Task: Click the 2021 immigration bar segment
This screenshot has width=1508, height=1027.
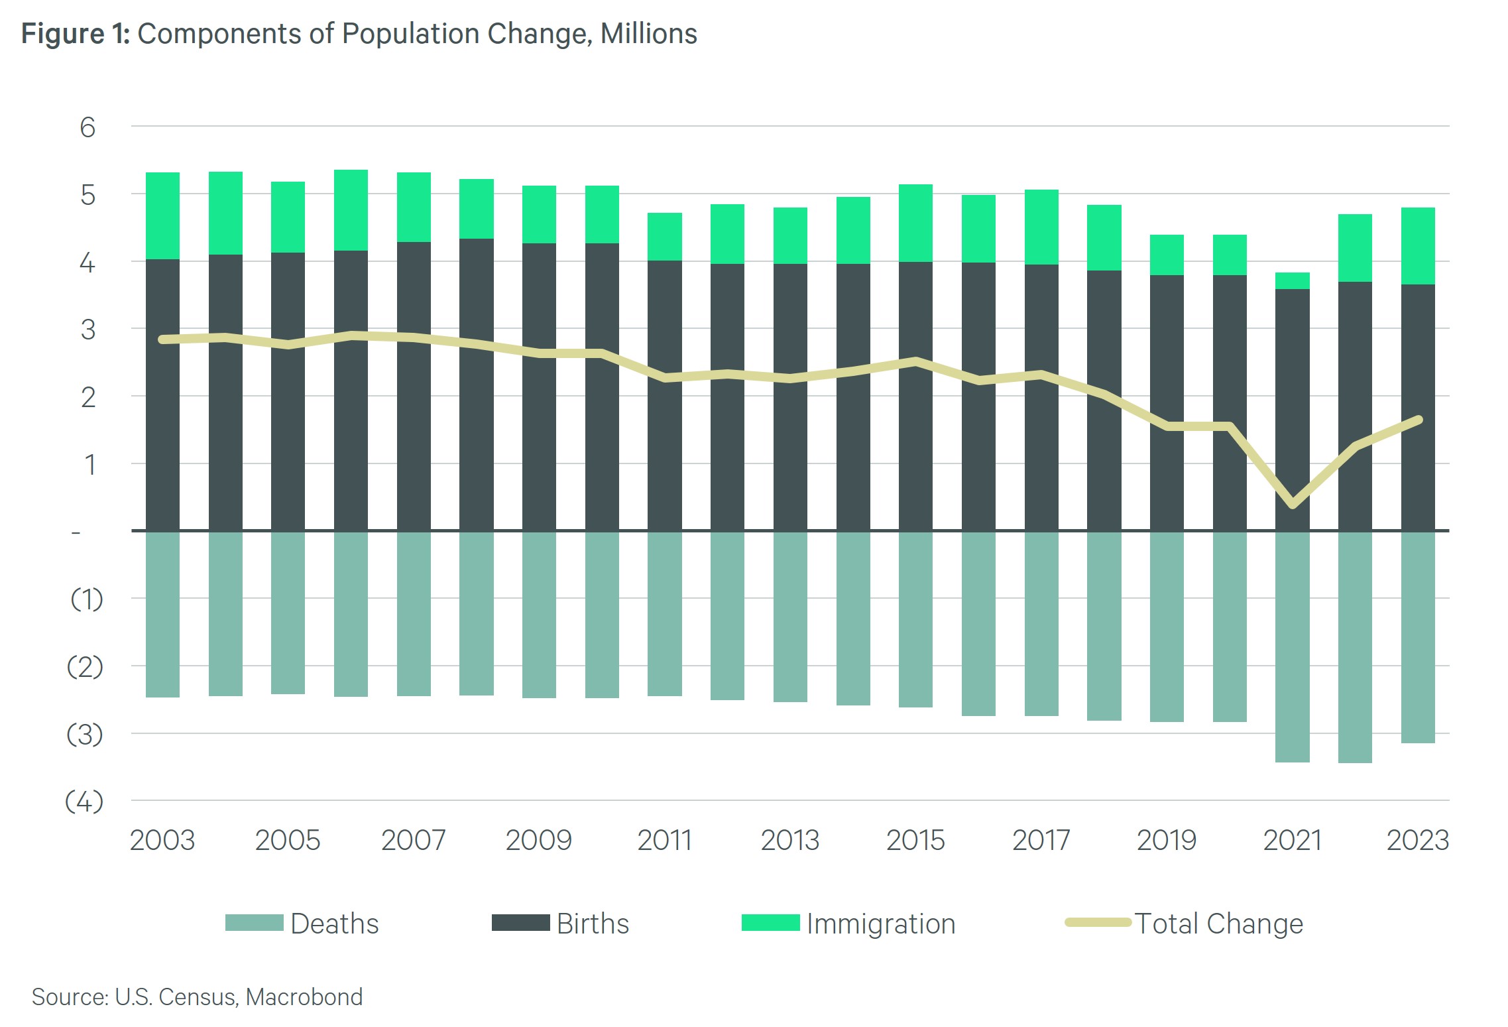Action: click(1292, 280)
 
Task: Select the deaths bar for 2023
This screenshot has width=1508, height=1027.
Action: click(1418, 636)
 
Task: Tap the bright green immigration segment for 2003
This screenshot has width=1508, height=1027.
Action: click(162, 215)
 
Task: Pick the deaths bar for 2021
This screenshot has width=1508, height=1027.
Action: click(1292, 646)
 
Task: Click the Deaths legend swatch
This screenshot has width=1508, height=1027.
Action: click(254, 923)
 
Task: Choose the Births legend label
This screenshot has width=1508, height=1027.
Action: click(593, 924)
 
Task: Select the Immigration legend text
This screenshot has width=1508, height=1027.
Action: click(881, 924)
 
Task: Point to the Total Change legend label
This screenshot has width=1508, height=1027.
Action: click(1218, 924)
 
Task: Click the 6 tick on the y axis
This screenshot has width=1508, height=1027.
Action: click(87, 127)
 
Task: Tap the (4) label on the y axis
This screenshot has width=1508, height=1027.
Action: click(84, 802)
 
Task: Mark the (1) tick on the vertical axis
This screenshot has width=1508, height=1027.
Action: click(86, 599)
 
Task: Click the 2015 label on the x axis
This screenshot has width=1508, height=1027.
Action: click(915, 840)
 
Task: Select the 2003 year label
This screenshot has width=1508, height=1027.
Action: click(162, 840)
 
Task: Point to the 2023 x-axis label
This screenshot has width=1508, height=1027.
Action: click(1418, 840)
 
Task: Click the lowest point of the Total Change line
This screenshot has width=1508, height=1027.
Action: click(1293, 505)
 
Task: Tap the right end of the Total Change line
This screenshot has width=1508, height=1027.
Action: click(1419, 420)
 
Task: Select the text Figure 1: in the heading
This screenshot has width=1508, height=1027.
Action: click(76, 34)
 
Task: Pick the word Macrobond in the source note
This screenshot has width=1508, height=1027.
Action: click(304, 997)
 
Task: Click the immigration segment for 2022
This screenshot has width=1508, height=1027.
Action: click(1355, 248)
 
